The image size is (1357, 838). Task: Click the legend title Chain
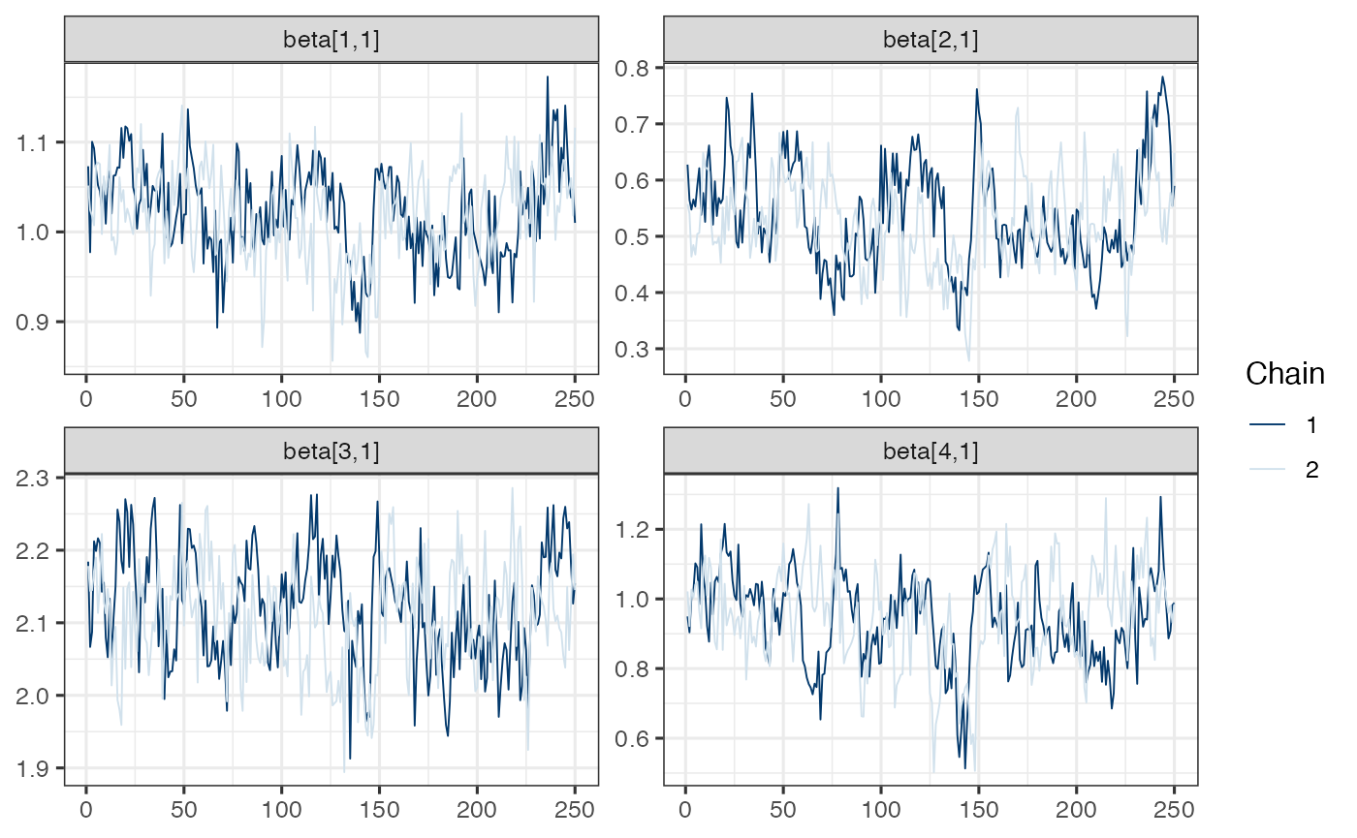(x=1284, y=373)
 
